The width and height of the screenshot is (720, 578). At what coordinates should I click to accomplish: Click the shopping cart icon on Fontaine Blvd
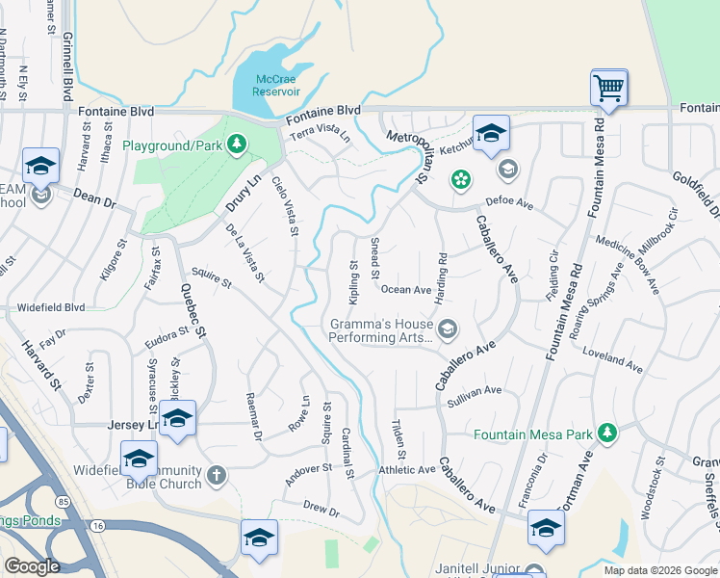pos(608,89)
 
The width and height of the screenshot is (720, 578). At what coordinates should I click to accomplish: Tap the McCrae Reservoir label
pos(277,85)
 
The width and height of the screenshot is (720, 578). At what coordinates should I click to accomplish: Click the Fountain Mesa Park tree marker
pos(606,433)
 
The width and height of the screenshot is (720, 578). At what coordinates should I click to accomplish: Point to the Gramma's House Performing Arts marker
pos(448,330)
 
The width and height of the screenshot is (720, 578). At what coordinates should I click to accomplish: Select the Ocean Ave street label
pos(405,289)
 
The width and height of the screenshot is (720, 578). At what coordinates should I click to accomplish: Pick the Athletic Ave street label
pos(407,470)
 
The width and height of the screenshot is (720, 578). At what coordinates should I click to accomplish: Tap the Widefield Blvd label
pos(51,308)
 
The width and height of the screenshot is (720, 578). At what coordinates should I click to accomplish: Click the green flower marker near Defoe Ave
pos(462,179)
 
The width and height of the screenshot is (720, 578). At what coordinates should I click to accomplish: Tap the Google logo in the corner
pos(32,566)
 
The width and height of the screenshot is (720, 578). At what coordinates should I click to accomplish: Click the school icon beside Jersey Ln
pos(178,419)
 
